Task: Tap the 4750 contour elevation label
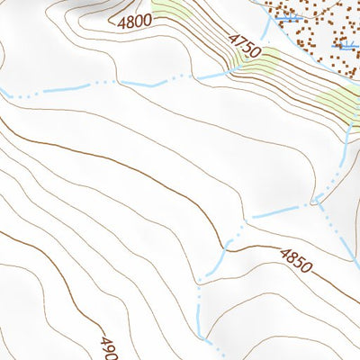coord(244,46)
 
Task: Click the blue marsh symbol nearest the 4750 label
coord(286,18)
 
